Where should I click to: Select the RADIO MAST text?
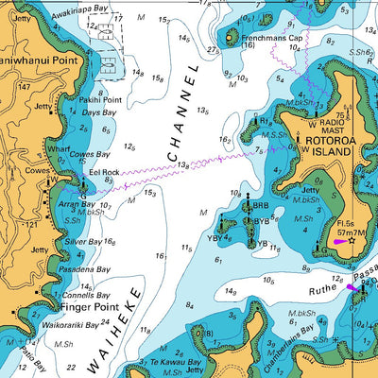click(x=330, y=128)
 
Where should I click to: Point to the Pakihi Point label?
click(x=100, y=98)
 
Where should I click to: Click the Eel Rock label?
click(x=103, y=173)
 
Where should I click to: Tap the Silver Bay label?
click(x=83, y=243)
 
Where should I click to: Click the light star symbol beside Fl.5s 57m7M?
click(x=352, y=240)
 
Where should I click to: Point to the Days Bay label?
click(x=97, y=112)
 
